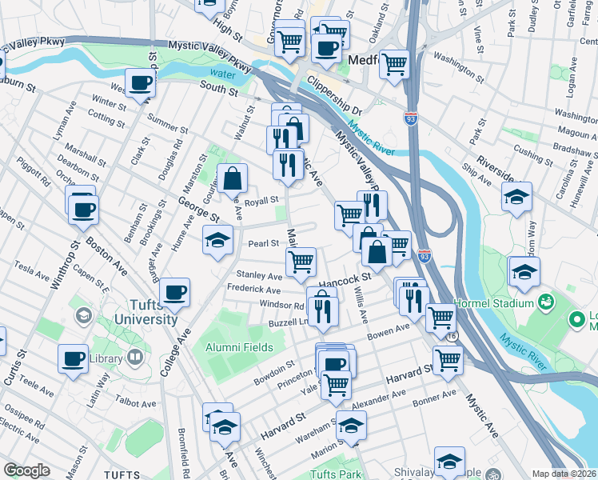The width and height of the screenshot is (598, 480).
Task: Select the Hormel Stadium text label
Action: coord(493,304)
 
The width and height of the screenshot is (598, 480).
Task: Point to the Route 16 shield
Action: coord(452,338)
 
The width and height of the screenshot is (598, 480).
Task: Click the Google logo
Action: coord(26,470)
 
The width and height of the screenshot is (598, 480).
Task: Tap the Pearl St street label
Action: coord(263,243)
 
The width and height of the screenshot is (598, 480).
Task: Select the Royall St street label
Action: coord(261,201)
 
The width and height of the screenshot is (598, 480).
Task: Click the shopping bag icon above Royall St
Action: coord(232,180)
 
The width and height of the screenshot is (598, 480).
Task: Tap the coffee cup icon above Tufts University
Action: coord(174,293)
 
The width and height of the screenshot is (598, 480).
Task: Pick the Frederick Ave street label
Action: coord(254,290)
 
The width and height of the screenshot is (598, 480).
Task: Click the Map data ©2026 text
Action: coord(564,474)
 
